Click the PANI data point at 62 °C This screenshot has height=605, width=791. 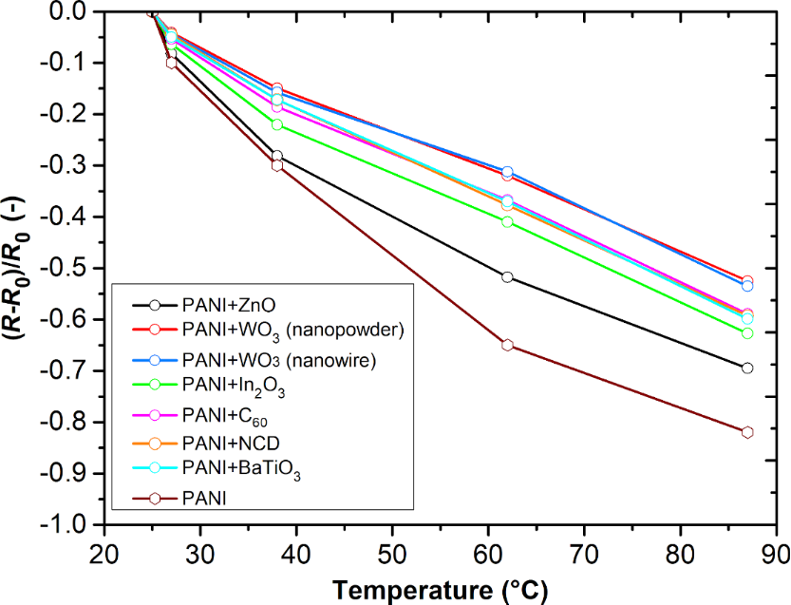(507, 345)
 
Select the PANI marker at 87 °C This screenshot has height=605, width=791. (747, 432)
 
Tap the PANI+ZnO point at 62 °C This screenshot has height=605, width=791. (507, 277)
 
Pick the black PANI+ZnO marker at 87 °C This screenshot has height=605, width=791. (747, 368)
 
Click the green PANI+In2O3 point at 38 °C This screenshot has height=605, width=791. (277, 124)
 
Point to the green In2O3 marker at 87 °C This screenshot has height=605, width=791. (747, 333)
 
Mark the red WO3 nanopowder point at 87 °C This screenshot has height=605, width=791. (747, 281)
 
